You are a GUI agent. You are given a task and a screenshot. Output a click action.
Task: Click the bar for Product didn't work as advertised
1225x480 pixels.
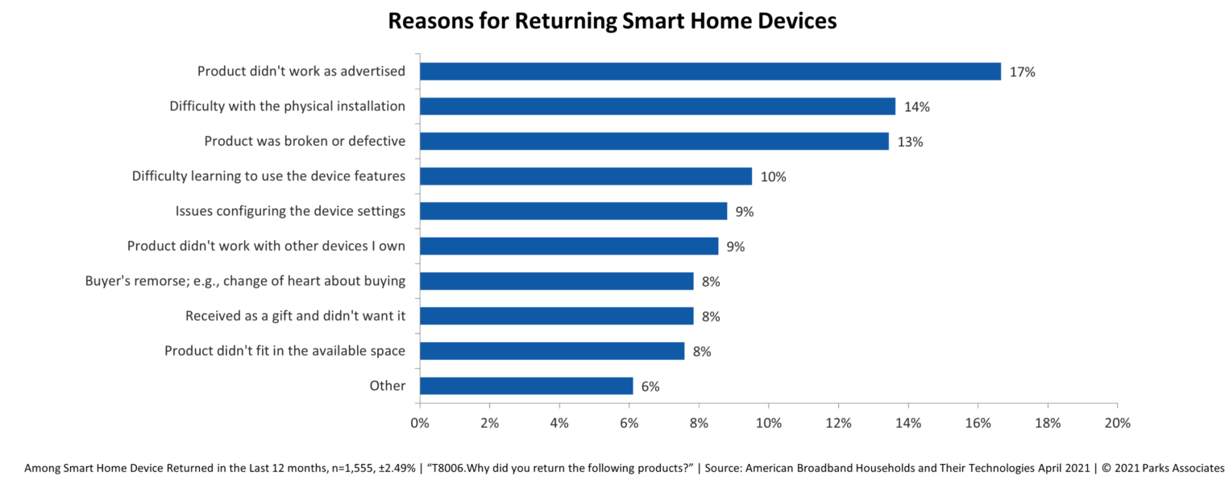(x=710, y=72)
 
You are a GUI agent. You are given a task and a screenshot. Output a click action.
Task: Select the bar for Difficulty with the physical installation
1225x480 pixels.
(x=658, y=106)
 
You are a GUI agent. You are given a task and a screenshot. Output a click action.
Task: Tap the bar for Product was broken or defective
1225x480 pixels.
(x=654, y=142)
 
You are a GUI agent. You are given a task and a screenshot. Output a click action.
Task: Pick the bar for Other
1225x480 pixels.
(x=526, y=387)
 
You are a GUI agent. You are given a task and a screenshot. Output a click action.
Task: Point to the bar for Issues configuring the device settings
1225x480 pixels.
(x=574, y=211)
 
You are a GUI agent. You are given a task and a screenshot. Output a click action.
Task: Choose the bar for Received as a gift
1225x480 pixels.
(x=557, y=316)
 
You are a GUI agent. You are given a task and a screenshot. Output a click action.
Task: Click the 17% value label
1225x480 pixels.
(x=1022, y=72)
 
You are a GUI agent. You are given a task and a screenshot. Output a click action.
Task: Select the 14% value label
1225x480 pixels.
(x=916, y=106)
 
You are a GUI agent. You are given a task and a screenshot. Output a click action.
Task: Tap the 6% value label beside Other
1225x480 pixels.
(x=650, y=387)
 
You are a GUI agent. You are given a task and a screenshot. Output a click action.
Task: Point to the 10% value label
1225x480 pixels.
(x=773, y=176)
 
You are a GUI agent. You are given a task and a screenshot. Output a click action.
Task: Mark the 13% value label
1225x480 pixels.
(x=910, y=142)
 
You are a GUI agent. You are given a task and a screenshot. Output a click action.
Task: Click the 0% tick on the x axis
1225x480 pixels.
(x=420, y=423)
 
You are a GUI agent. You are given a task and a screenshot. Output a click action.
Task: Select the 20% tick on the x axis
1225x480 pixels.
(x=1117, y=423)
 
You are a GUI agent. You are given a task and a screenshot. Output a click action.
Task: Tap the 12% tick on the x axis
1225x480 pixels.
(x=838, y=423)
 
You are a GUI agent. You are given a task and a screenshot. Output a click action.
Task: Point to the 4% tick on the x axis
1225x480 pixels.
(x=559, y=423)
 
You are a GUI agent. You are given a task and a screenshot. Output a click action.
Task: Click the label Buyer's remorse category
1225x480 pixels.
(x=245, y=281)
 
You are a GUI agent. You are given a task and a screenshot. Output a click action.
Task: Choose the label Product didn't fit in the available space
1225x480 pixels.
(x=284, y=351)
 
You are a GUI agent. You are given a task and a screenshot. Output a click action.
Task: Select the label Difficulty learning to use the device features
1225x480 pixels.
(x=268, y=176)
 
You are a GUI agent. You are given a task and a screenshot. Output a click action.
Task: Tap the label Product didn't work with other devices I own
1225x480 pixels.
(x=266, y=246)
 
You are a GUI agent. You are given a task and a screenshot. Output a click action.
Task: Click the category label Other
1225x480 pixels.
(x=387, y=386)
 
